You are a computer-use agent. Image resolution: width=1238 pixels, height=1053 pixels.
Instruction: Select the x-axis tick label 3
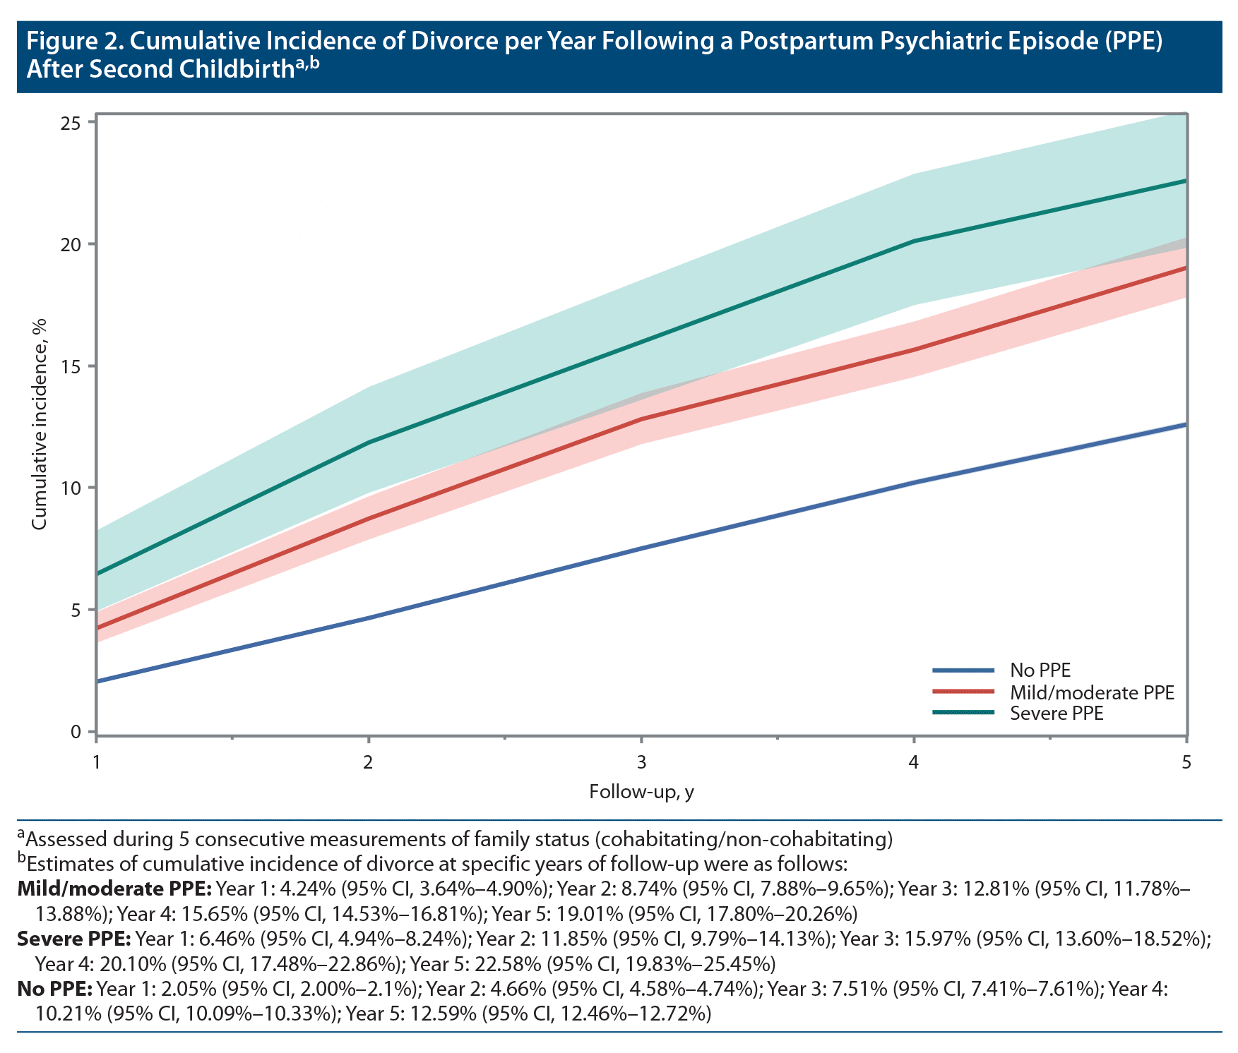[641, 763]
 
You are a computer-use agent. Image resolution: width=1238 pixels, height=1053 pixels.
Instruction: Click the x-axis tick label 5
[1186, 763]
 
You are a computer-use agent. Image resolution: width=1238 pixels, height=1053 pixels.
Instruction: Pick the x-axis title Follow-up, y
[641, 792]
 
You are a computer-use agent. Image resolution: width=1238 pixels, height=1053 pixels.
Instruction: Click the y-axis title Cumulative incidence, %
[40, 424]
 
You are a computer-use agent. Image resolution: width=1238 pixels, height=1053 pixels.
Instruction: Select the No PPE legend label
[1040, 670]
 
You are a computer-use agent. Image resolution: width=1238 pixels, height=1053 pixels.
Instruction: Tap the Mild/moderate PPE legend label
[1092, 692]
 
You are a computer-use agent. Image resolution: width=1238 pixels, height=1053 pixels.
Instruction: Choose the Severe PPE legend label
[1057, 714]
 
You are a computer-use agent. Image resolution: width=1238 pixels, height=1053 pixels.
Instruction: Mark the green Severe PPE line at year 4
[914, 241]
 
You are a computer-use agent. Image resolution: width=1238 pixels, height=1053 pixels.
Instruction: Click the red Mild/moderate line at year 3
[641, 419]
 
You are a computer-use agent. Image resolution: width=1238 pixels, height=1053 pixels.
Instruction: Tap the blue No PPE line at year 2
[368, 618]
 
